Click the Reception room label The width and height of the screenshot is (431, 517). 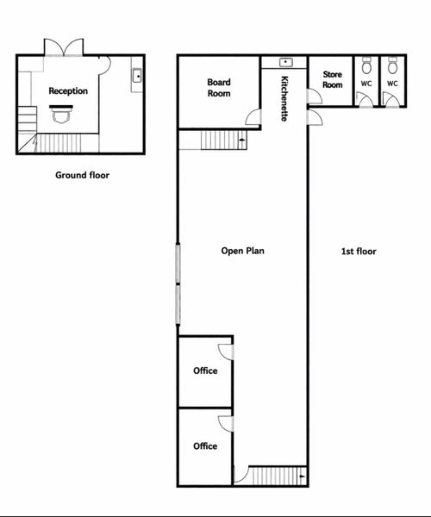coord(68,91)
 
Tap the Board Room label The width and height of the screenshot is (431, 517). coord(219,88)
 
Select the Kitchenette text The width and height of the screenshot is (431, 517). coord(284,98)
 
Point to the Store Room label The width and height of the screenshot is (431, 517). coord(333,79)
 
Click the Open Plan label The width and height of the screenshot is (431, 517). coord(243,251)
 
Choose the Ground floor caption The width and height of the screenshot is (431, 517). coord(82,175)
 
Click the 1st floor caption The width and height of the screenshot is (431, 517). coord(359,252)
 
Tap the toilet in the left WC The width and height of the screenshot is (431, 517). coord(366,65)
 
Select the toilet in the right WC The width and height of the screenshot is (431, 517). coord(392,65)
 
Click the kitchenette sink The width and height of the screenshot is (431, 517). coord(286,62)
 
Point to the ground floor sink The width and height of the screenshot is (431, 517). coord(137,76)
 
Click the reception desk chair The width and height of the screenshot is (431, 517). coord(61,116)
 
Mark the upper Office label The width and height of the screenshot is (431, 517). coord(205,371)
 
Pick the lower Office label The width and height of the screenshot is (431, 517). coord(205,446)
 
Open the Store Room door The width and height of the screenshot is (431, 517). coord(314,97)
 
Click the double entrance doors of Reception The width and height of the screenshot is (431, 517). coord(64,47)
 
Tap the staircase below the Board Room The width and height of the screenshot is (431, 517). coord(224,140)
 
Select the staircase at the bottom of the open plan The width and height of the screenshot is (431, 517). coord(277,476)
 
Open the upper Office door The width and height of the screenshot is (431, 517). coord(226,352)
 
